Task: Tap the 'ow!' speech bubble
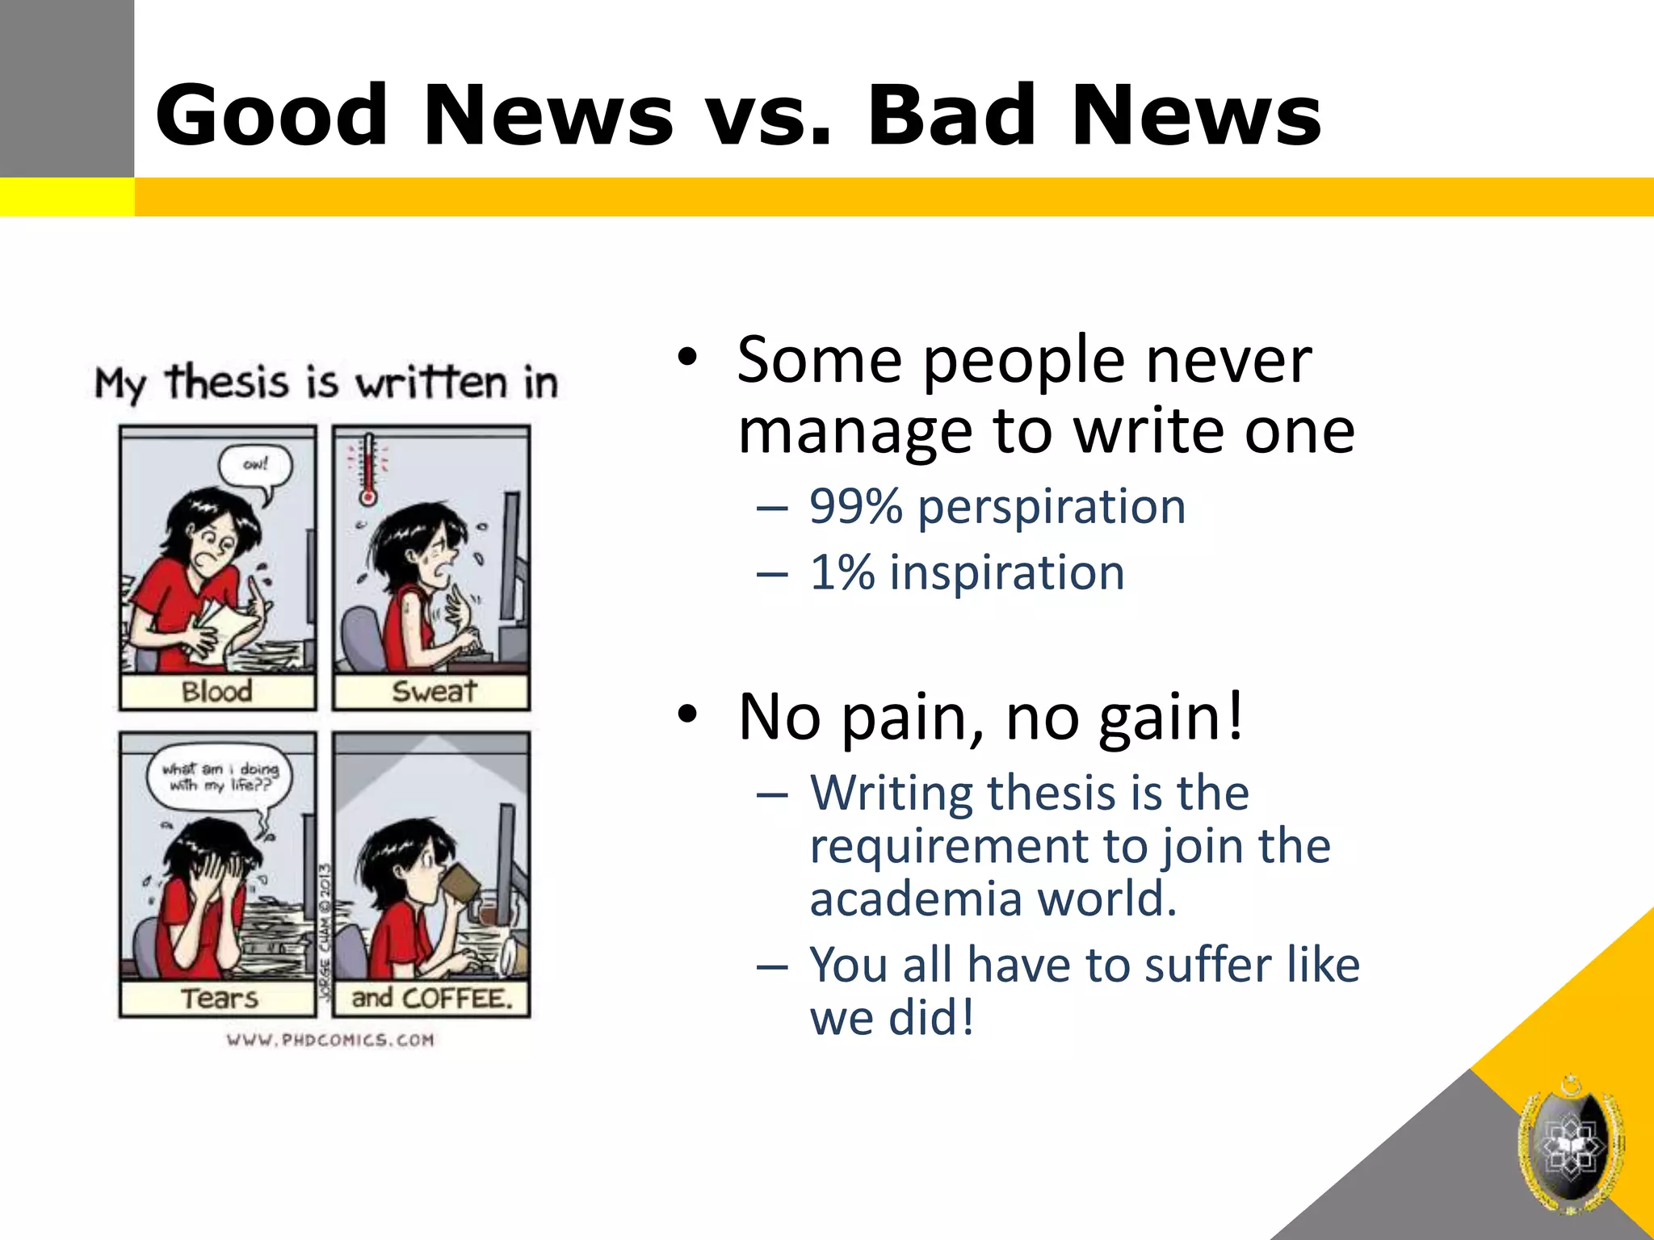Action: point(255,467)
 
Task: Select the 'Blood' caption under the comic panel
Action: point(217,692)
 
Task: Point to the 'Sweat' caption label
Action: point(434,692)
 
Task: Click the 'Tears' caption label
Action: point(219,999)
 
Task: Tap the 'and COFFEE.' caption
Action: point(432,999)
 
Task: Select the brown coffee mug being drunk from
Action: point(460,882)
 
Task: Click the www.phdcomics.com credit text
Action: point(330,1040)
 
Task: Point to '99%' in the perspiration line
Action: point(855,507)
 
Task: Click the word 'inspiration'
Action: point(1007,573)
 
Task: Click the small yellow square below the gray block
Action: point(66,197)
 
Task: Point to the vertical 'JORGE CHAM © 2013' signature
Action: point(325,932)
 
